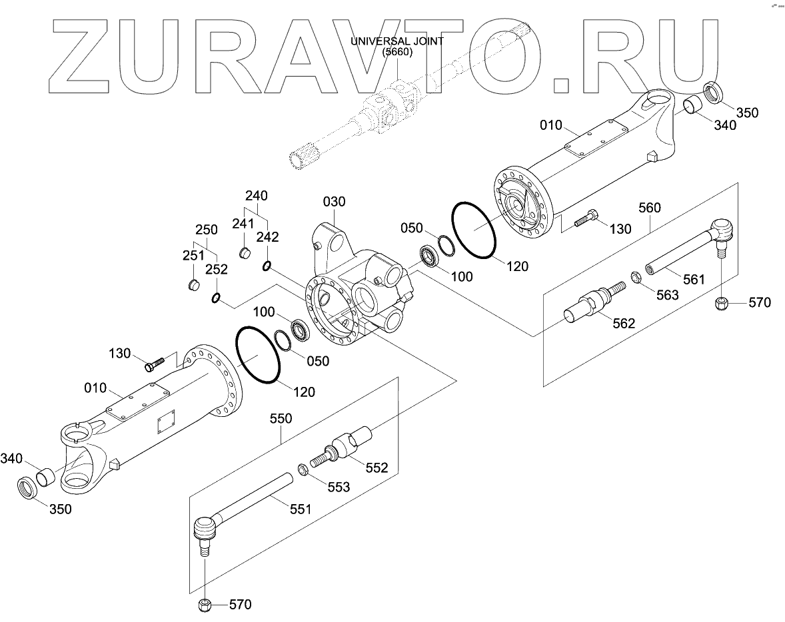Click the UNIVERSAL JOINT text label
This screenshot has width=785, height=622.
click(397, 41)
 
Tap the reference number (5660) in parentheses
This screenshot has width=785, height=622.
click(397, 53)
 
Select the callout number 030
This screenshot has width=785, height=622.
click(335, 202)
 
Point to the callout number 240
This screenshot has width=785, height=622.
click(256, 196)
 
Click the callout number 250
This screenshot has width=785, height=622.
click(206, 230)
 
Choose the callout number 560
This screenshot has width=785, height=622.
click(649, 208)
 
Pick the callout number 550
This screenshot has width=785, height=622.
click(281, 419)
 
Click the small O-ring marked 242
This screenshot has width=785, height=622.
click(267, 266)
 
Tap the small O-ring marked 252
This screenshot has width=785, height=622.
click(216, 298)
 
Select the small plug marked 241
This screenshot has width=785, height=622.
click(245, 252)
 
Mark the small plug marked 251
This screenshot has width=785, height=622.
click(193, 285)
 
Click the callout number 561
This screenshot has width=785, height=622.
click(693, 280)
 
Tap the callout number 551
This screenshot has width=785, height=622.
click(300, 509)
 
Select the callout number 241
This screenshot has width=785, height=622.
click(243, 223)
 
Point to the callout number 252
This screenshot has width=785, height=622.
click(216, 270)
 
